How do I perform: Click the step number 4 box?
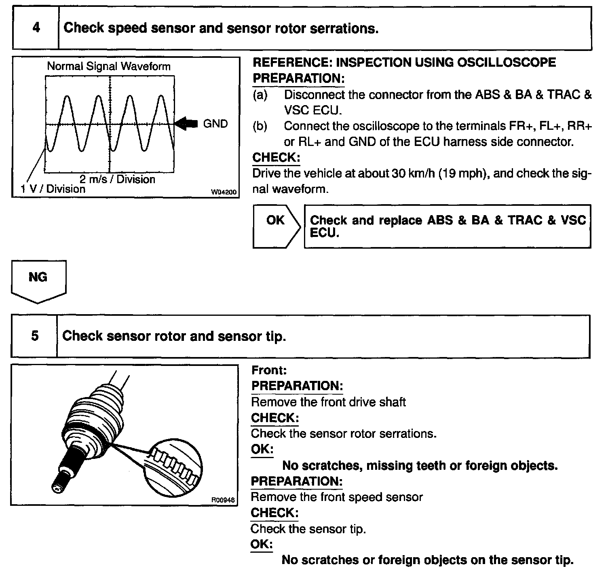36,28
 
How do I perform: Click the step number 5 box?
35,336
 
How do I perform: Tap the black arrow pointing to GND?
187,124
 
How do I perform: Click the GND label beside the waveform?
215,124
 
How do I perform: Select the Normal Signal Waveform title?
109,66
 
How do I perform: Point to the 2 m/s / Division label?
117,179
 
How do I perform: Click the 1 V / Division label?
53,189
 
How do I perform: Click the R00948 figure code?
223,500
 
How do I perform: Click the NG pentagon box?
38,280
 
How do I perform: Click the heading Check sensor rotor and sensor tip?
174,336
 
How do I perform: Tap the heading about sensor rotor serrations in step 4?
221,28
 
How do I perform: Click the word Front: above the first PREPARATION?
269,370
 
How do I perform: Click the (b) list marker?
260,126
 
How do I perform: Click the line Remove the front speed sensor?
337,497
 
